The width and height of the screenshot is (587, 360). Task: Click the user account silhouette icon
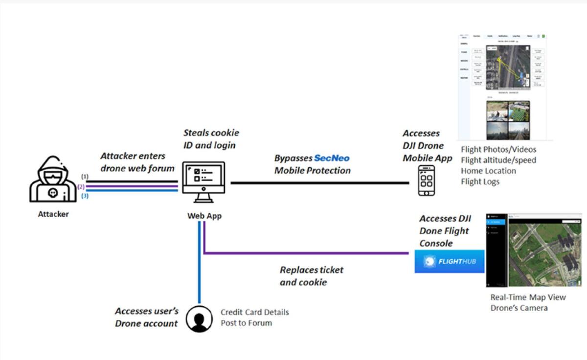tap(200, 319)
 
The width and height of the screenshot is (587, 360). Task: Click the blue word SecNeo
tap(332, 158)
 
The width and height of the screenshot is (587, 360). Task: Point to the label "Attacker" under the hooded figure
tap(53, 214)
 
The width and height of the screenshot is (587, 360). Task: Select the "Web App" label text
tap(204, 216)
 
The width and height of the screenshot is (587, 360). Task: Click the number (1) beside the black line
tap(85, 177)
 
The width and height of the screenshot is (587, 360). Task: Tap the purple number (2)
tap(81, 186)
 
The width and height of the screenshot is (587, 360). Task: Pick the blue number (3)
tap(85, 196)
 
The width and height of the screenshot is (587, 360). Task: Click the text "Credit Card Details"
tap(254, 312)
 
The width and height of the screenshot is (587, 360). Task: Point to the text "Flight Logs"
tap(480, 181)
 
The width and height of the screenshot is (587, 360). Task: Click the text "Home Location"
tap(488, 171)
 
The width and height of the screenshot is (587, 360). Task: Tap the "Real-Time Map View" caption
tap(528, 297)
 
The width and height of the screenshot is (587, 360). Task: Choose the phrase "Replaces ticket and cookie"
tap(312, 276)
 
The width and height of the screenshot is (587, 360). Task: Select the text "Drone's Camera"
tap(519, 308)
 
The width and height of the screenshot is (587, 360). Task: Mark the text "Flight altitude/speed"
tap(498, 160)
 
